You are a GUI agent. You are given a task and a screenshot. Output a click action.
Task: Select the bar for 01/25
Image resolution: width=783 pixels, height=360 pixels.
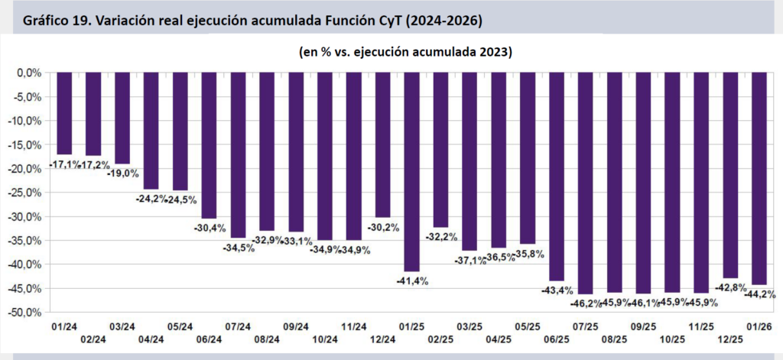point(411,172)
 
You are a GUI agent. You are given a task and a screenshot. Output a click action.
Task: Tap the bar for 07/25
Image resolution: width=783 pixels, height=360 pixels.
point(585,183)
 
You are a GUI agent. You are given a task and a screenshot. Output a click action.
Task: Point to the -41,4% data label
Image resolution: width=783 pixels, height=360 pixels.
point(411,281)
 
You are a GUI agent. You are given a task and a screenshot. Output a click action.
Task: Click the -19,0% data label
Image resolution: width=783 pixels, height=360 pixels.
point(122,174)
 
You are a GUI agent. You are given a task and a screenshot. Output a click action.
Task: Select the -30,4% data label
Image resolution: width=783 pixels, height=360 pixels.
point(209,228)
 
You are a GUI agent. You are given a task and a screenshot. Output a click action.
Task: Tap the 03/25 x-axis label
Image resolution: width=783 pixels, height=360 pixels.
point(470,326)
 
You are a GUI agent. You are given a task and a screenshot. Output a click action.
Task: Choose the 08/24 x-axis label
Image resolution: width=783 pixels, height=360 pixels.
point(266,339)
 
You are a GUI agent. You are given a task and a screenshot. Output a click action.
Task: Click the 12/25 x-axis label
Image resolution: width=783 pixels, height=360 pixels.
point(730,339)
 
